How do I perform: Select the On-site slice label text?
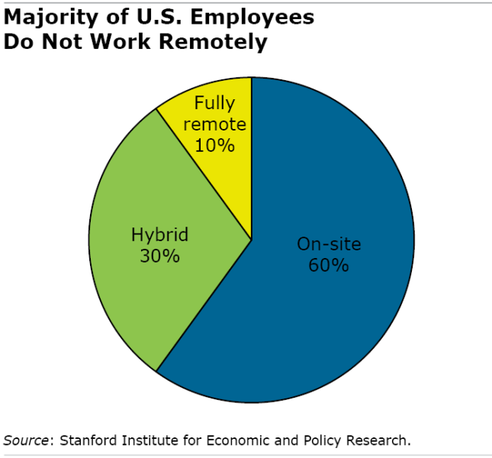[x=329, y=244]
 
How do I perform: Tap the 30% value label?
[x=159, y=256]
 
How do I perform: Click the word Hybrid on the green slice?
[x=159, y=234]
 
